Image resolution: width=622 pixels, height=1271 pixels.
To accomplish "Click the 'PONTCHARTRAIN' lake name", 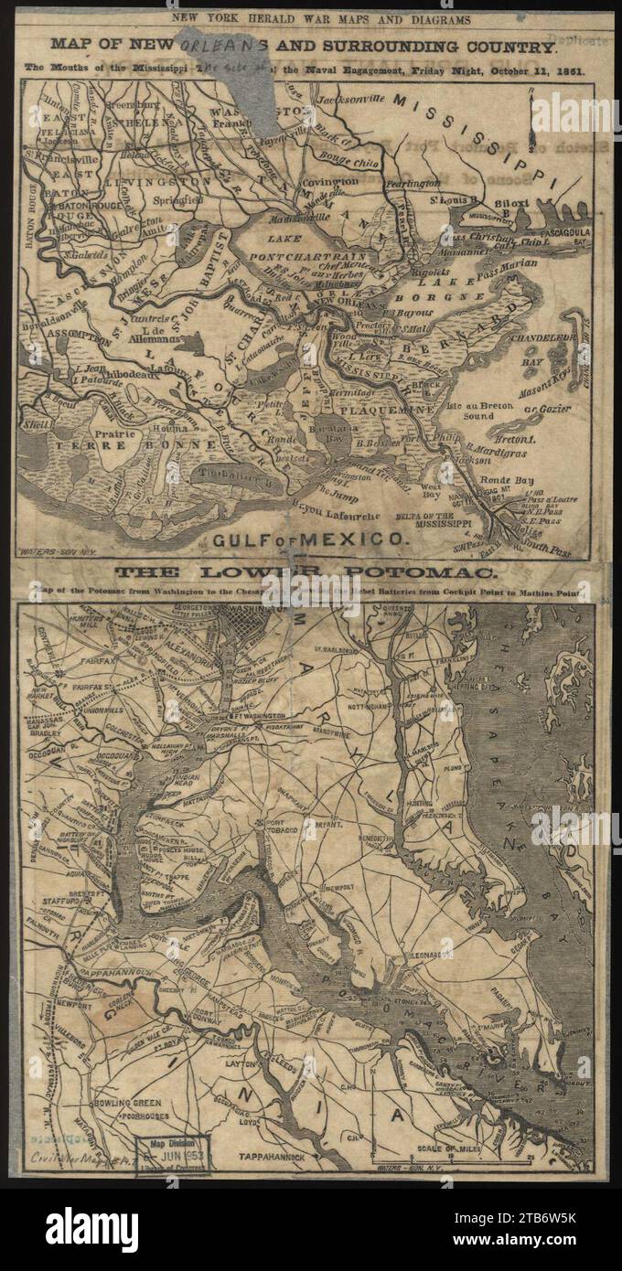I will (297, 257).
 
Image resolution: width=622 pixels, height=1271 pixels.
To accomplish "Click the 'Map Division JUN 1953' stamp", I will (174, 1154).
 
